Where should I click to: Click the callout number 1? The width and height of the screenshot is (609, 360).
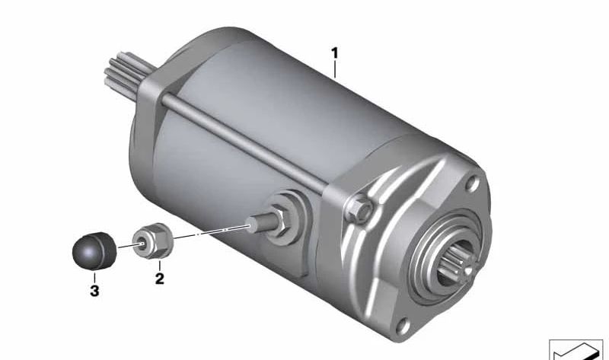point(334,53)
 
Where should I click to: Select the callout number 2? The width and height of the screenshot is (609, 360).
point(159,279)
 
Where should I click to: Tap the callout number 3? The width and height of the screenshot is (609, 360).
point(94,290)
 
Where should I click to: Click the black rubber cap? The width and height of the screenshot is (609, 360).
point(94,251)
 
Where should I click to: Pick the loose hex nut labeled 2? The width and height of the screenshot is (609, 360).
point(153,241)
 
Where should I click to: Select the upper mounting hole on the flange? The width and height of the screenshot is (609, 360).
point(472,183)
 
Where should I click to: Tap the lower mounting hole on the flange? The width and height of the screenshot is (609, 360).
point(403,326)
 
